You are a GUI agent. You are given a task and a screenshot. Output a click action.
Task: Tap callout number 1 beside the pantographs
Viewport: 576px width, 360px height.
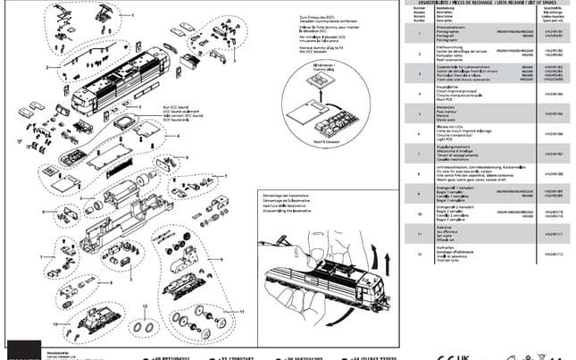coord(131,15)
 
